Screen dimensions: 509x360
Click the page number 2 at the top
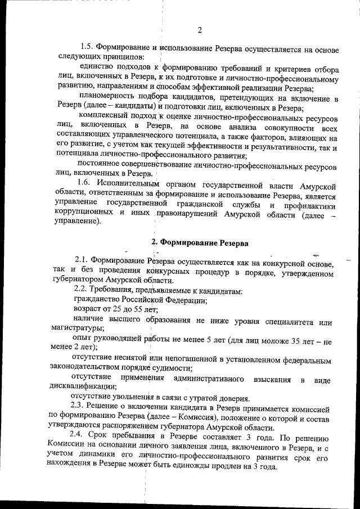200,30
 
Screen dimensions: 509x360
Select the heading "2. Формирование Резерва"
200,242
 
